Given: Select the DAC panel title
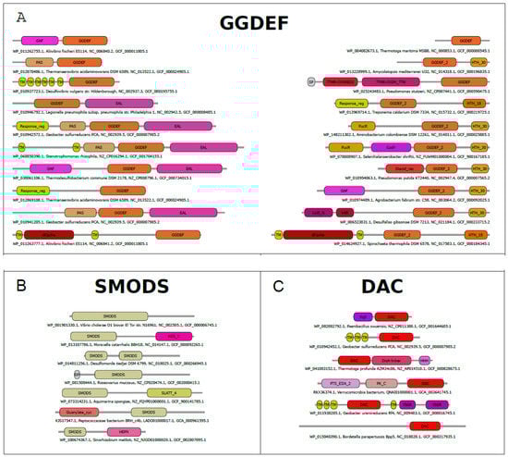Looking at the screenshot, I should coord(390,303).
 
